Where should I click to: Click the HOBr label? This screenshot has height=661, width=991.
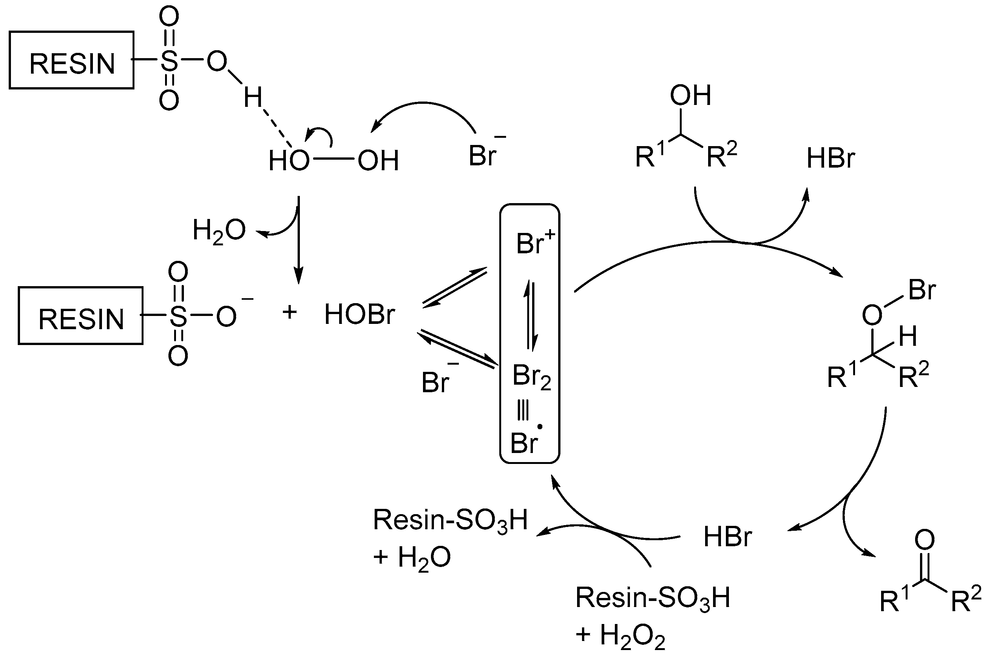pyautogui.click(x=359, y=314)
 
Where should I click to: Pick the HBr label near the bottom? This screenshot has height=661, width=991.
pyautogui.click(x=727, y=537)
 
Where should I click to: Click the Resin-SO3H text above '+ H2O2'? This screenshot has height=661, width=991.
pyautogui.click(x=652, y=598)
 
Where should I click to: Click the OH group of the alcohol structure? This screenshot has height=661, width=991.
pyautogui.click(x=690, y=95)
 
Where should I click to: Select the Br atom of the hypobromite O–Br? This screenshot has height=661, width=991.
pyautogui.click(x=922, y=290)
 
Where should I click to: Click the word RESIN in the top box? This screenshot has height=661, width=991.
pyautogui.click(x=72, y=64)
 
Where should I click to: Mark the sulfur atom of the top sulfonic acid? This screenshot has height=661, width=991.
pyautogui.click(x=169, y=61)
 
